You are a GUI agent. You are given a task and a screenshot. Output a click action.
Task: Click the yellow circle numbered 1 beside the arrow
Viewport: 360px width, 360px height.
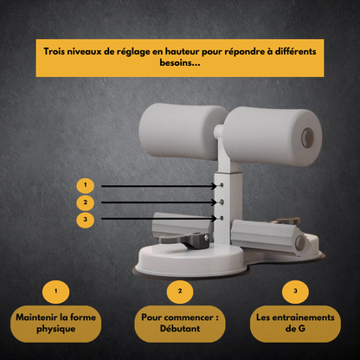pos(85,185)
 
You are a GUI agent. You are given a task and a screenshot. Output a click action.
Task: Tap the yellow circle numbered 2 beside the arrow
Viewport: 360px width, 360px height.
pos(85,202)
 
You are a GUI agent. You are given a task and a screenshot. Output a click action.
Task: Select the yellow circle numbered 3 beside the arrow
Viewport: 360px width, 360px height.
pos(85,220)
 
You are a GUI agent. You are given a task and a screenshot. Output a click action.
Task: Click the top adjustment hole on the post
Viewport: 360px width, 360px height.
pos(222,185)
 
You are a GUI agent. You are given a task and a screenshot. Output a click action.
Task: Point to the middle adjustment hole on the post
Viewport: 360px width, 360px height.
pos(222,202)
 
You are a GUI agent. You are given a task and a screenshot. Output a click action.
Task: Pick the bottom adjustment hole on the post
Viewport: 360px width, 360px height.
pos(222,218)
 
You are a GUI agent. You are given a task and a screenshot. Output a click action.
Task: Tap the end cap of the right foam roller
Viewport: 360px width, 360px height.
pos(308,138)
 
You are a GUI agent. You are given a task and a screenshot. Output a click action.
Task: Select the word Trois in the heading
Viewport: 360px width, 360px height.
pos(55,51)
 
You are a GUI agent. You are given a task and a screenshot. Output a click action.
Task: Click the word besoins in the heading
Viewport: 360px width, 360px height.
pos(180,62)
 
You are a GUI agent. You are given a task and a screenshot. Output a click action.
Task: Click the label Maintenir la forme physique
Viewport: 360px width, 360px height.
pos(56,324)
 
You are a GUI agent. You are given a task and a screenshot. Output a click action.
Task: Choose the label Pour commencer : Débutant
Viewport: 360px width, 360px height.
pos(180,324)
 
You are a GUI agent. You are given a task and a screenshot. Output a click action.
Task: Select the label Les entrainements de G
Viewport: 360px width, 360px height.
pos(295,324)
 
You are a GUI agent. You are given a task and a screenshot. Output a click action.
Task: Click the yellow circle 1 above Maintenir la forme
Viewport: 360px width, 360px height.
pos(56,292)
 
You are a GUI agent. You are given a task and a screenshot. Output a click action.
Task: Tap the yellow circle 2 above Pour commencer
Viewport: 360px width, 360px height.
pos(180,292)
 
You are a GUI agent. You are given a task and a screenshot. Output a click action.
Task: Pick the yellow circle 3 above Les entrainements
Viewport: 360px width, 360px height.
pos(295,292)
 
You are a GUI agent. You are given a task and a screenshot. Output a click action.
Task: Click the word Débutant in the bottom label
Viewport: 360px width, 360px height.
pos(180,329)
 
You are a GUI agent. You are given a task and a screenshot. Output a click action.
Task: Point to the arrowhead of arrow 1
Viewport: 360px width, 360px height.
pos(214,186)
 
